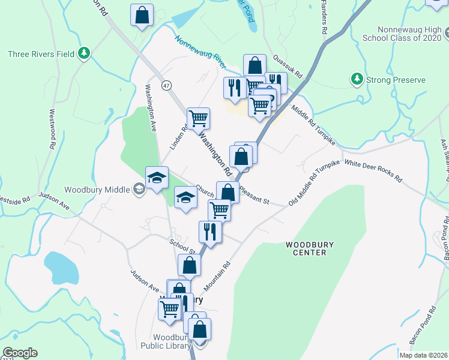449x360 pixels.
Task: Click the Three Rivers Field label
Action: [41, 54]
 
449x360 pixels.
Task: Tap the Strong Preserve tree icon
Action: [357, 79]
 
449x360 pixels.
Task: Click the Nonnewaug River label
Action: [200, 52]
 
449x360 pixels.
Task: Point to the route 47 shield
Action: [166, 85]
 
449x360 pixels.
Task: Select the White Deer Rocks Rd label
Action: [373, 171]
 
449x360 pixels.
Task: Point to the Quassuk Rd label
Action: [288, 66]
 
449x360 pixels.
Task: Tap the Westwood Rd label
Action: [53, 129]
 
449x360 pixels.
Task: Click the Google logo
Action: [20, 353]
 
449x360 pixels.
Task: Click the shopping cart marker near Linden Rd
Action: [198, 118]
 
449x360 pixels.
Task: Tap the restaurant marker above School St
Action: [210, 231]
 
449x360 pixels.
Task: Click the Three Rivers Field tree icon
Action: [85, 54]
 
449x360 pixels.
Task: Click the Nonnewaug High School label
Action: [409, 34]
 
